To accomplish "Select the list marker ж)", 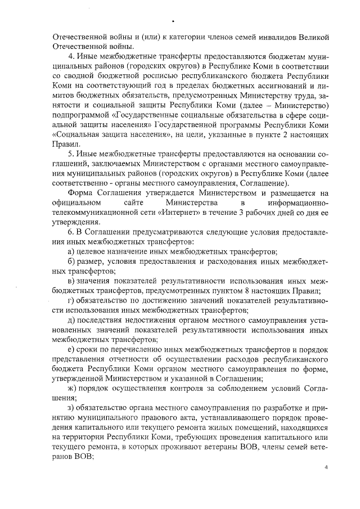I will click(x=72, y=388).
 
